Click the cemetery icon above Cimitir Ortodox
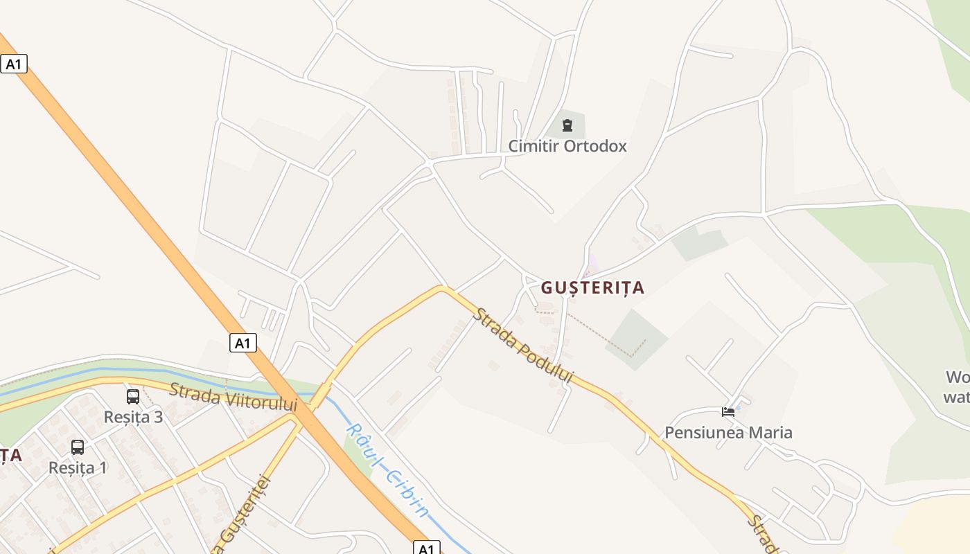click(x=567, y=125)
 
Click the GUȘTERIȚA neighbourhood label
click(x=592, y=287)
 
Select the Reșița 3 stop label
click(x=133, y=417)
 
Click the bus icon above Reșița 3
click(x=133, y=397)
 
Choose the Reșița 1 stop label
click(x=78, y=467)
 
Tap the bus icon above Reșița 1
click(x=78, y=447)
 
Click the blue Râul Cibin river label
click(x=388, y=471)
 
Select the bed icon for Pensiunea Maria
click(x=728, y=412)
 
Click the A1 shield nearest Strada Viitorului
click(x=243, y=343)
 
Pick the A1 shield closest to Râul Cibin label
click(x=427, y=548)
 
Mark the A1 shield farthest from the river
click(x=14, y=64)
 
